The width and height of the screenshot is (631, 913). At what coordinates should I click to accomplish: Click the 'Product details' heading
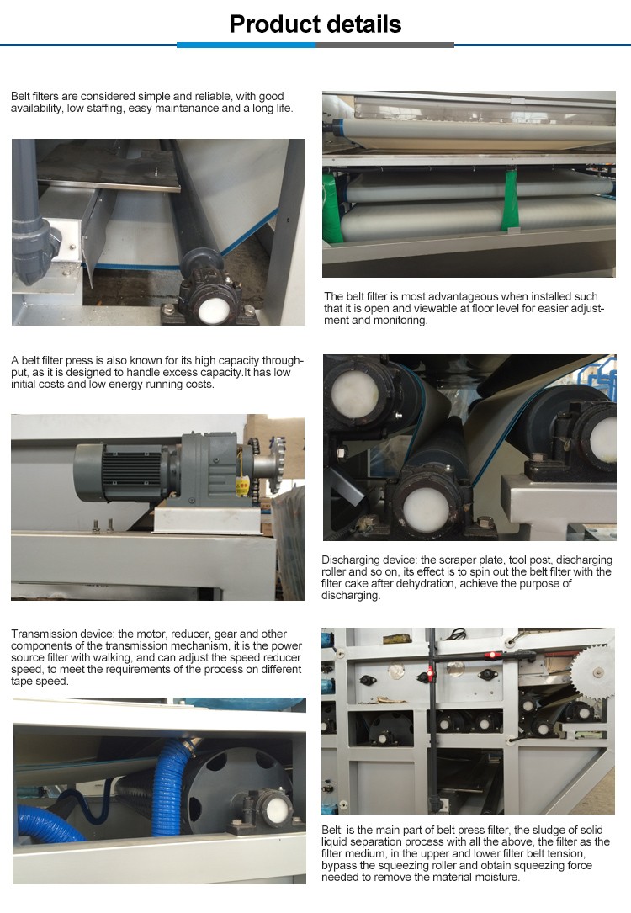(315, 24)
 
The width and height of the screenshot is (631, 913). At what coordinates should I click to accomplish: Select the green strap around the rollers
(512, 199)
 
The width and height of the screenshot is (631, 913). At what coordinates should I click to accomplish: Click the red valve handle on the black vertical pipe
(430, 674)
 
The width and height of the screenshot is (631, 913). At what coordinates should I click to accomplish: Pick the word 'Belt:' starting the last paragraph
(332, 830)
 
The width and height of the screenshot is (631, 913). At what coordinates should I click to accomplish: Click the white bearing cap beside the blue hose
(278, 808)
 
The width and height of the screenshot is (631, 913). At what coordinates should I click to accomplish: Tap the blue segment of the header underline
(247, 45)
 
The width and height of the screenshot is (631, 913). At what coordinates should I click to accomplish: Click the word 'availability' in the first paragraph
(37, 109)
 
